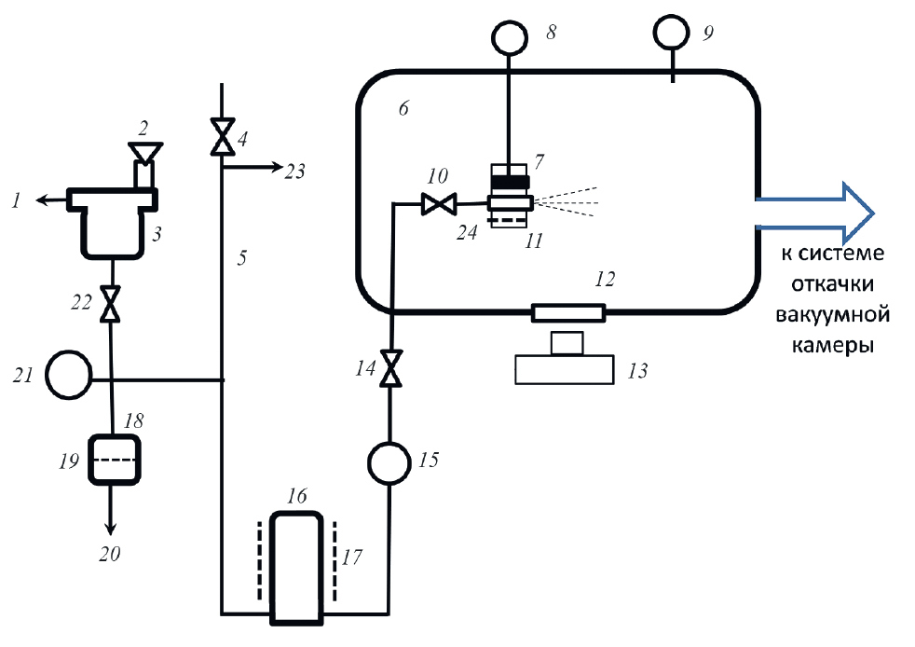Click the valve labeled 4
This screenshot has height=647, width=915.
pos(222,139)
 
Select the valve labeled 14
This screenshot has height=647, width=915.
pos(391,367)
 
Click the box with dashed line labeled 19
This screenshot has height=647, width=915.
pos(113,460)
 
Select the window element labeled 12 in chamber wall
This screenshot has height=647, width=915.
pos(568,312)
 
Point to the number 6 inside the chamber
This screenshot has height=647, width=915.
pos(403,109)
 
